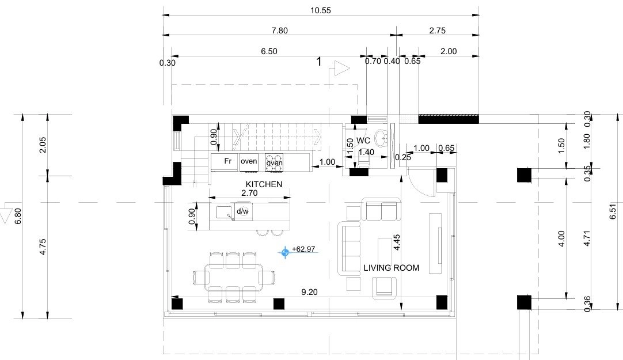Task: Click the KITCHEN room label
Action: (x=264, y=184)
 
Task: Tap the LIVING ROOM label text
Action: (x=392, y=268)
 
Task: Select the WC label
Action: (x=363, y=141)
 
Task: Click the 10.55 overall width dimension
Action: (x=320, y=11)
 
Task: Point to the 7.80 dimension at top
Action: (x=279, y=31)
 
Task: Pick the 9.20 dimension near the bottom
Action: (x=309, y=292)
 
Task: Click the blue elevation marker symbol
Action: (x=285, y=252)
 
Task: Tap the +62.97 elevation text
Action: (x=303, y=249)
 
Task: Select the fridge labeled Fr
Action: (x=225, y=162)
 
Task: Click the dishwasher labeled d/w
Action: (x=242, y=211)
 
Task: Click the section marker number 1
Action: (x=318, y=62)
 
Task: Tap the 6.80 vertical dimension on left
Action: (x=18, y=216)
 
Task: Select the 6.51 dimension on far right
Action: (x=613, y=211)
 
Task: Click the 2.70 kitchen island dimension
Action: (x=249, y=193)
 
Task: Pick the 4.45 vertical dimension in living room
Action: (x=397, y=242)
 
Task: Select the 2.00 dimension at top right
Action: (x=449, y=51)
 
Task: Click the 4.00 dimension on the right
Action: (x=561, y=239)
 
